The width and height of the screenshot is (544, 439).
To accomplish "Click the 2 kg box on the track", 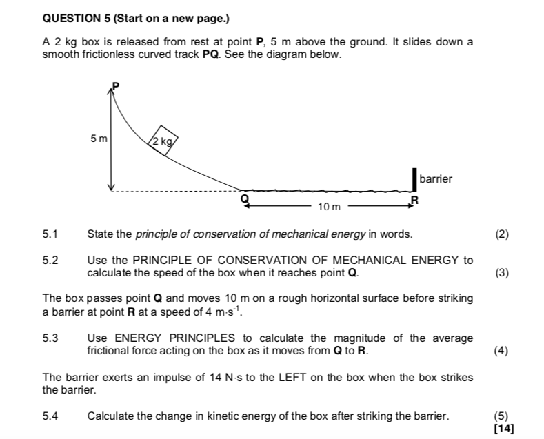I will click(x=163, y=141).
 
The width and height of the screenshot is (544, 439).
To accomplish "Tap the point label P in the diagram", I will click(x=116, y=85).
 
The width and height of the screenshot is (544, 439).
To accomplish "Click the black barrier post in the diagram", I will click(x=414, y=178).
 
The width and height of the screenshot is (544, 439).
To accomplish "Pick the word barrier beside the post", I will click(x=436, y=178).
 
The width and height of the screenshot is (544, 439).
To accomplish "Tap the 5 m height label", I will click(x=99, y=139).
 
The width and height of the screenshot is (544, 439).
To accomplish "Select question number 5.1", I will click(x=50, y=234).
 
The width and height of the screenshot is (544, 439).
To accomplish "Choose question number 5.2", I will click(x=50, y=261).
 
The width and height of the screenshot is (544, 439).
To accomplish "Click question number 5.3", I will click(x=50, y=338).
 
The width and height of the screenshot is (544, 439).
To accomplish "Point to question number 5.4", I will click(x=50, y=416).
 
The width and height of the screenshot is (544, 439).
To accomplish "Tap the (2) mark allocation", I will click(x=502, y=234).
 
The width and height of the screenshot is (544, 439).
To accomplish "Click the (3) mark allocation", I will click(x=502, y=272).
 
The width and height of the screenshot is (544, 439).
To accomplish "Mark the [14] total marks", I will click(x=504, y=428).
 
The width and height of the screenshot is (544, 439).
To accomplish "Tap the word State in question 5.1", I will click(x=100, y=234).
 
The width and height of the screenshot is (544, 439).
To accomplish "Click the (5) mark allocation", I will click(x=502, y=416).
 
